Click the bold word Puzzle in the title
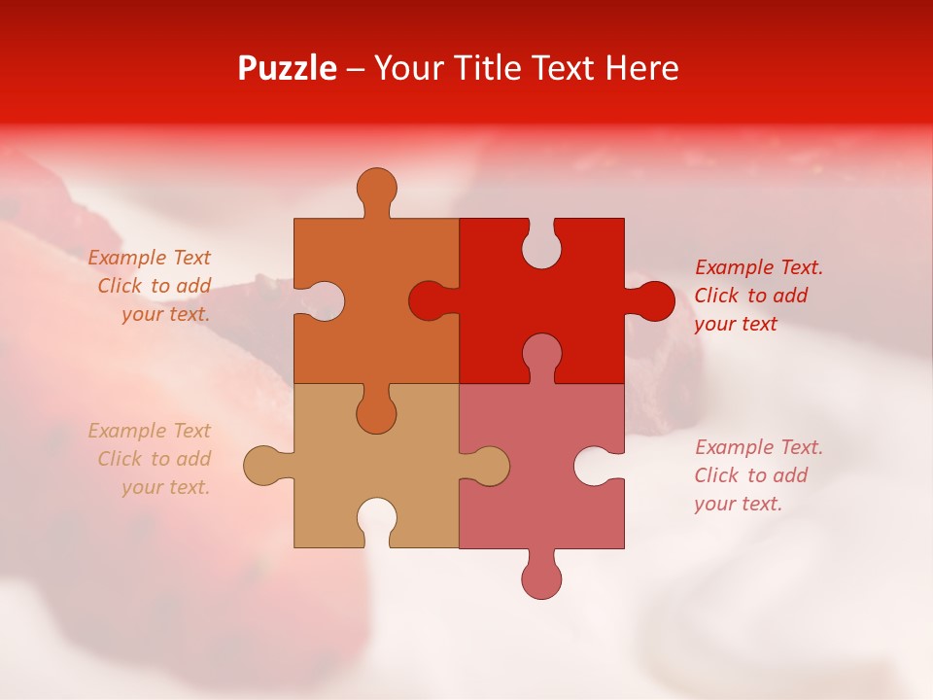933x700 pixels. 287,68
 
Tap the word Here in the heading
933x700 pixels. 641,68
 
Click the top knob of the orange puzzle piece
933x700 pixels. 376,190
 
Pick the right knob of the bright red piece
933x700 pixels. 652,300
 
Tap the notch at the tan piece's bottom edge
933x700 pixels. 376,520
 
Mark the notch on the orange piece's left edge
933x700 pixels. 322,300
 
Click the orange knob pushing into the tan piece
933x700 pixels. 376,411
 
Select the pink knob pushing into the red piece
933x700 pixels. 541,355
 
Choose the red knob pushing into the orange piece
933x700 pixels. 431,300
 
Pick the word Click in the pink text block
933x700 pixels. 715,475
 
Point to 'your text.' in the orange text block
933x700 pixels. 165,314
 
